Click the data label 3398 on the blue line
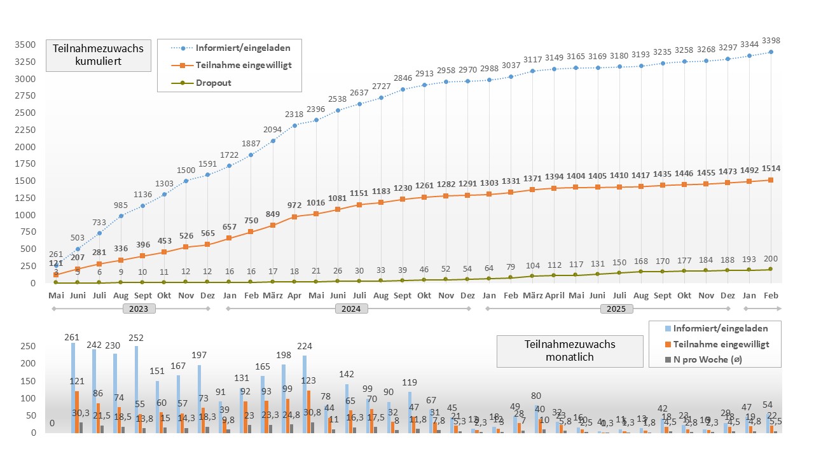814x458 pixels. coord(770,41)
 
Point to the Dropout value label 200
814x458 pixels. coord(771,259)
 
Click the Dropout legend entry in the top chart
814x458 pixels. coord(212,83)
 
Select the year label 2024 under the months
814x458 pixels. coord(349,309)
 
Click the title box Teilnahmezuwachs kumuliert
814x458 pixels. coord(98,55)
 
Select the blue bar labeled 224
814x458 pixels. coord(305,394)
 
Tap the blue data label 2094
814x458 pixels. coord(272,130)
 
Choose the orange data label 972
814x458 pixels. coord(294,205)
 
